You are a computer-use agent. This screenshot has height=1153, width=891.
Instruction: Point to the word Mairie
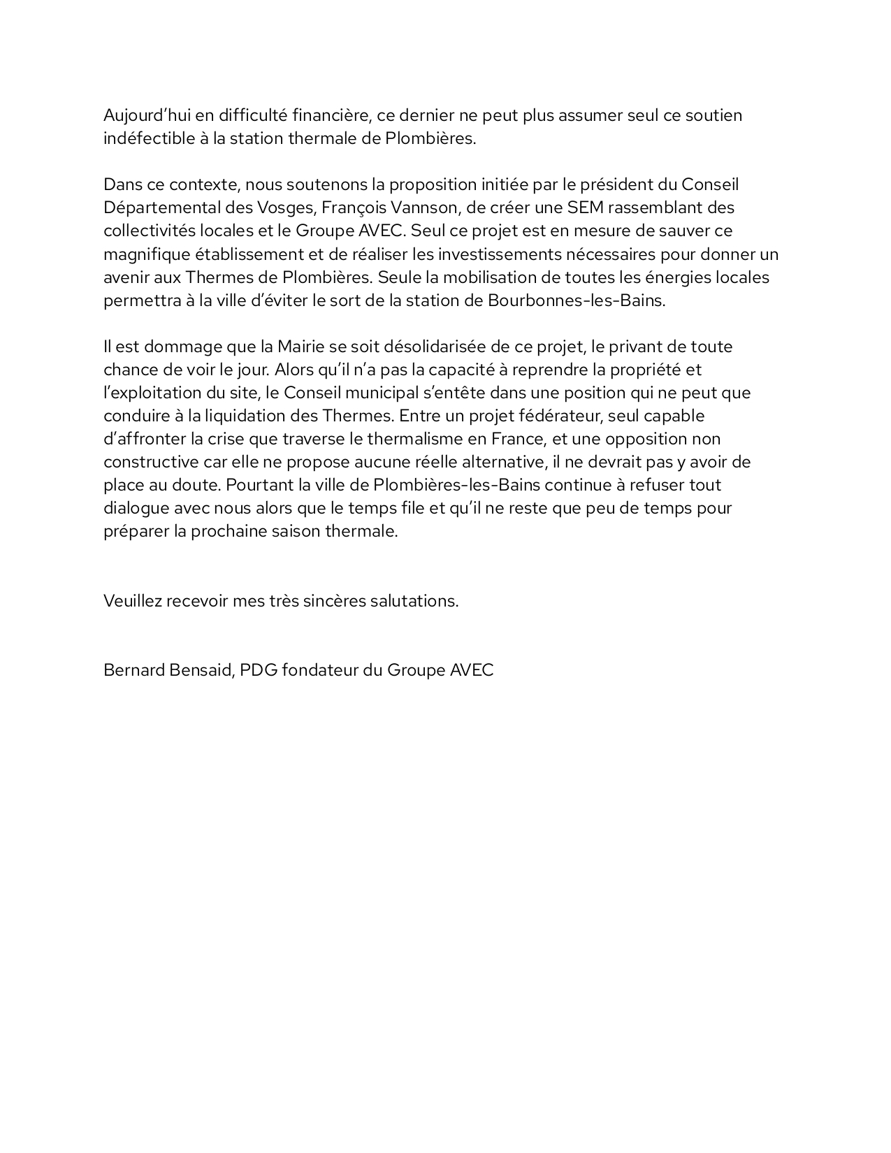point(302,347)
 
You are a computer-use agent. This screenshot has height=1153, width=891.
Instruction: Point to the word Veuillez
point(132,601)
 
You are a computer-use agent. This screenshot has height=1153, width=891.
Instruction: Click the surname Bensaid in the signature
point(200,670)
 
